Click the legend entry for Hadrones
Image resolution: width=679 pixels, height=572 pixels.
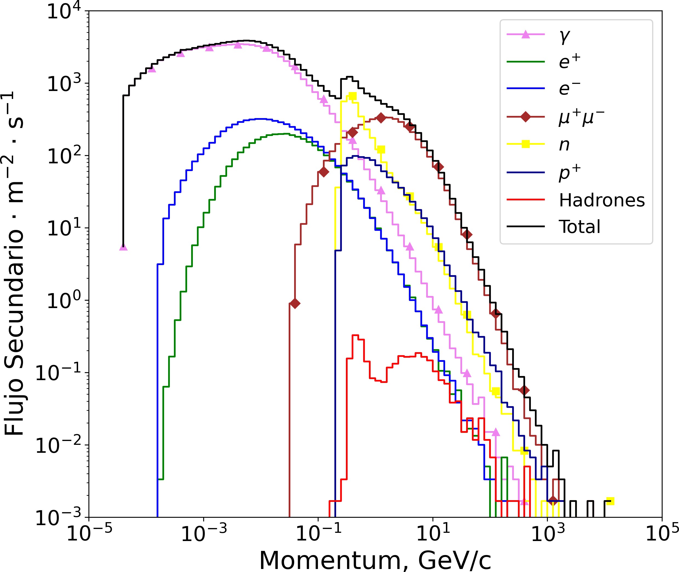[601, 200]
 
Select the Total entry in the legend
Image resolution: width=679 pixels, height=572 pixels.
[580, 226]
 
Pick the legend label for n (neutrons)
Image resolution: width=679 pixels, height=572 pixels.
[564, 145]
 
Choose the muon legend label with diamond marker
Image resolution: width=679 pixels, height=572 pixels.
[581, 117]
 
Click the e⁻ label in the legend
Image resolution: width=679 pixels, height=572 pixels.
[569, 88]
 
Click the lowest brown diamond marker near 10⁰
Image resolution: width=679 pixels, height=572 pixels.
[295, 303]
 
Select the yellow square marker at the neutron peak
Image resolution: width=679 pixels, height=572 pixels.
[352, 96]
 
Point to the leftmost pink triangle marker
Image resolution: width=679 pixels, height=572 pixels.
[123, 247]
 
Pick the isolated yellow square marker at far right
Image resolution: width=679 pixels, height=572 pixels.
[610, 501]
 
